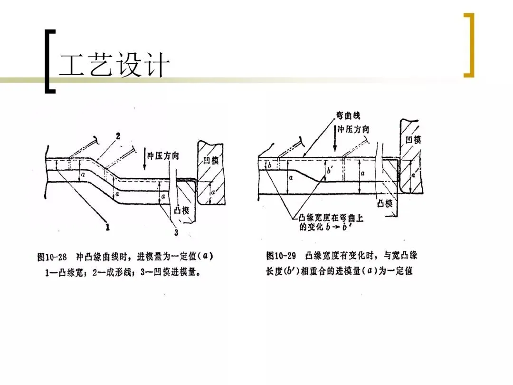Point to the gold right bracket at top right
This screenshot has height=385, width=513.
click(469, 45)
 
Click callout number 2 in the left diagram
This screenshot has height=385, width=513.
click(118, 136)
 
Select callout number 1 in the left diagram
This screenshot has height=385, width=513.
click(108, 227)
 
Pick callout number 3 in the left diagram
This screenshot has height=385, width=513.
click(176, 232)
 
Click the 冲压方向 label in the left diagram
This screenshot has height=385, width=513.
click(162, 156)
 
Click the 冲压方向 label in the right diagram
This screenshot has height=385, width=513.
click(353, 129)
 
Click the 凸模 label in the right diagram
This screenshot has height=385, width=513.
click(384, 203)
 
